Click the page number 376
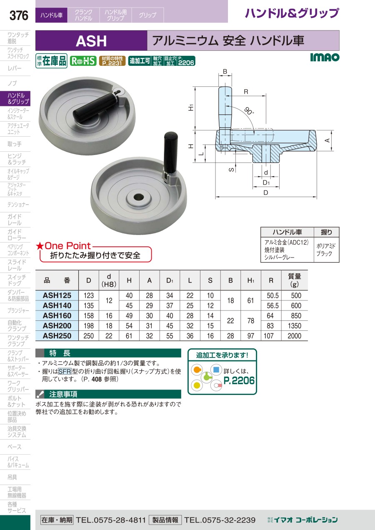click(x=19, y=15)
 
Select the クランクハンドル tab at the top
click(x=83, y=15)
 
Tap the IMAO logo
click(x=325, y=57)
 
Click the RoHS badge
click(x=83, y=61)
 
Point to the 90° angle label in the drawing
click(x=249, y=111)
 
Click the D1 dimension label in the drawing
click(x=266, y=182)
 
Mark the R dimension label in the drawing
click(x=246, y=92)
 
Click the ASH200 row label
click(x=57, y=325)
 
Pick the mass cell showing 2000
click(x=294, y=336)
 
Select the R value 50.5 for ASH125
click(x=272, y=295)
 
